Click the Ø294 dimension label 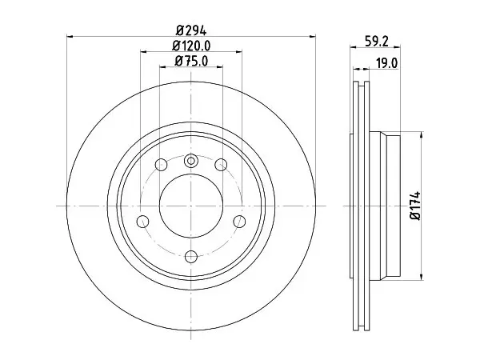191,30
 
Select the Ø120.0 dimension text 191,46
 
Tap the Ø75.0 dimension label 191,62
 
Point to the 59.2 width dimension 377,42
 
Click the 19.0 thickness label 387,63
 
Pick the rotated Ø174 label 416,206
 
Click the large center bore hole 190,206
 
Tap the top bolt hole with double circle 190,161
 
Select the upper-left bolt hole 162,165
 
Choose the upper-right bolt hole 221,165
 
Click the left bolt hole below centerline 142,222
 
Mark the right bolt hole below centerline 239,222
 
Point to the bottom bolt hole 190,256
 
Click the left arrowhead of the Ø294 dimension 70,37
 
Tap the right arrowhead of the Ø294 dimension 312,37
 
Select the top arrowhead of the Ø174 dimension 422,135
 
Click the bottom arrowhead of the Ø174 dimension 422,277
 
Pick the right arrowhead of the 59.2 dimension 397,47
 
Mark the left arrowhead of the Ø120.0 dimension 144,52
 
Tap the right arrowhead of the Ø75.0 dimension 219,66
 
